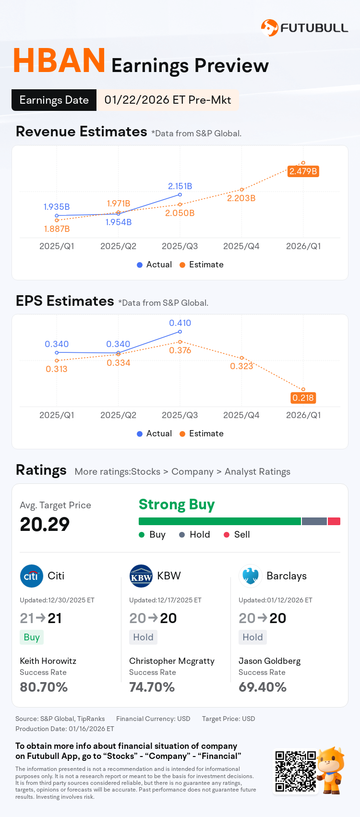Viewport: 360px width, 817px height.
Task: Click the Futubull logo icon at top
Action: [x=269, y=28]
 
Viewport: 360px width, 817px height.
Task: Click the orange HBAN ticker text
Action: [x=59, y=61]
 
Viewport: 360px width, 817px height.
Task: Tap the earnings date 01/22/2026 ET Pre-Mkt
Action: [x=168, y=100]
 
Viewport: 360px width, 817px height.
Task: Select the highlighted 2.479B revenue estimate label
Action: [x=303, y=171]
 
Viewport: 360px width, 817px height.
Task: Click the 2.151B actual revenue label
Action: [x=180, y=186]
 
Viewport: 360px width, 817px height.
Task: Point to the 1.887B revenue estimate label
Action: [x=57, y=229]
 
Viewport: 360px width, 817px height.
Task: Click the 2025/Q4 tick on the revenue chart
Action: [x=241, y=246]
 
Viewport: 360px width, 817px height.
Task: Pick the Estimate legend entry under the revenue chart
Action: [x=201, y=264]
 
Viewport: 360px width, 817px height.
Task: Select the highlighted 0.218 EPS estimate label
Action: [x=303, y=398]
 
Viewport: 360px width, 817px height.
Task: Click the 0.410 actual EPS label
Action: [x=180, y=323]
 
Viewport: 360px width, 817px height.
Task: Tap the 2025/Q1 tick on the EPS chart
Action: [x=57, y=415]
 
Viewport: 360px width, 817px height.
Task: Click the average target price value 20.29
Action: [x=45, y=524]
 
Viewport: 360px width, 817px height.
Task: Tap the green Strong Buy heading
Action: [x=177, y=505]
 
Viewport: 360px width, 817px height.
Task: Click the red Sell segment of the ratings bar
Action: [x=334, y=521]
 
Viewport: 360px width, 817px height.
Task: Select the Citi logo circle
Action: [x=31, y=576]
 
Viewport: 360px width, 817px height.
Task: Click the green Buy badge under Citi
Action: [x=32, y=637]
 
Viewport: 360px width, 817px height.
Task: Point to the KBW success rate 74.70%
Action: [x=152, y=687]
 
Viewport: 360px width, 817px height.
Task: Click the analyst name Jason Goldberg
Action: [x=269, y=661]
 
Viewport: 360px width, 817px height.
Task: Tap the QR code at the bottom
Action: [x=295, y=771]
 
